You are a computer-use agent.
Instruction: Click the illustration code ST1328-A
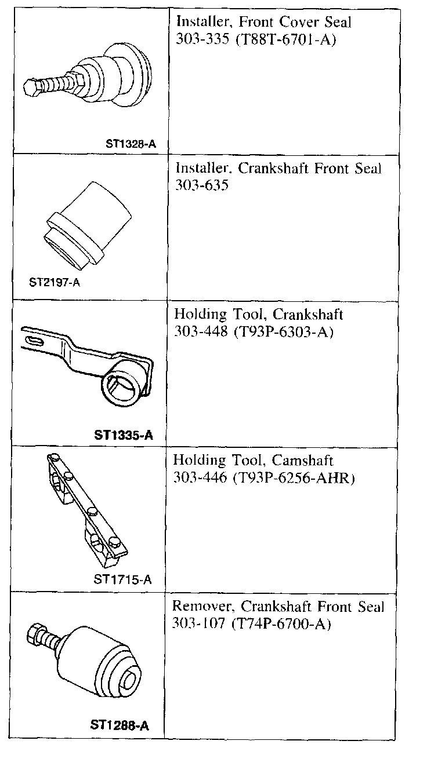(131, 144)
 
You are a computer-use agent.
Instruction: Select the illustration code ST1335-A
(123, 435)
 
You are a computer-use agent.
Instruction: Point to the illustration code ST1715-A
(122, 579)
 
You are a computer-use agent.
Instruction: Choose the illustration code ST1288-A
(120, 724)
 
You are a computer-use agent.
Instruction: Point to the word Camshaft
(303, 461)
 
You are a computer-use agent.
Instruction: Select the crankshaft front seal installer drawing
(88, 221)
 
